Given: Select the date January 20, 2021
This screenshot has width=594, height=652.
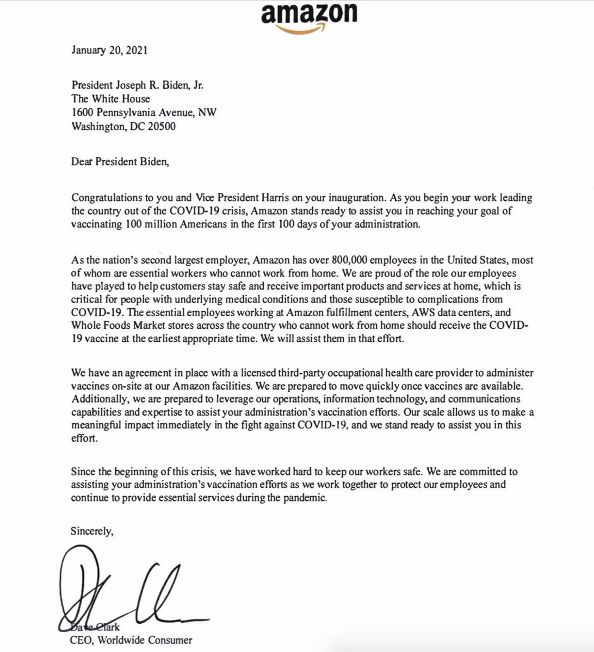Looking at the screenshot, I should [x=109, y=51].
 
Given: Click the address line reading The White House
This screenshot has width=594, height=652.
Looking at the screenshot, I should [x=110, y=98].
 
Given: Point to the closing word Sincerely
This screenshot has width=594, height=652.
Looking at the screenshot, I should [x=92, y=531].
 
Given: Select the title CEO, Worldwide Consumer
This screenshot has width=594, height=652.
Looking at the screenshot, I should [x=131, y=640].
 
